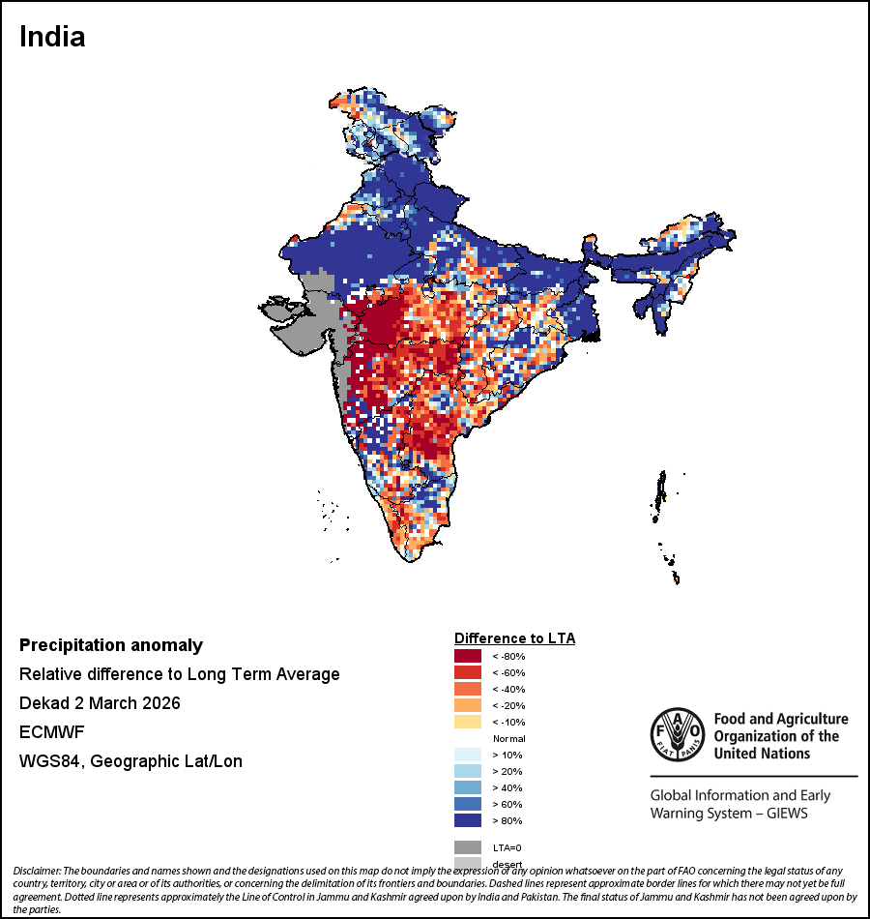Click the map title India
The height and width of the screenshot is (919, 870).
point(52,38)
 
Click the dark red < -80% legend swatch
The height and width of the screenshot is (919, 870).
point(468,656)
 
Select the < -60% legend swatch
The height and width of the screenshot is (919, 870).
point(468,672)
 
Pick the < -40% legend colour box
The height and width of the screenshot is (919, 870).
point(468,689)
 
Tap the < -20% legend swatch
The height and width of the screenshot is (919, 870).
point(468,705)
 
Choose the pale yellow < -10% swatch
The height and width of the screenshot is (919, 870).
point(468,722)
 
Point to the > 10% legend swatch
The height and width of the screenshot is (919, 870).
point(468,755)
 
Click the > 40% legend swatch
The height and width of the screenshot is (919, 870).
point(468,787)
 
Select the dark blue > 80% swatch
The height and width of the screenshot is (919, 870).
point(468,820)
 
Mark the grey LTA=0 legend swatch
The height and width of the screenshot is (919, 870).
point(468,846)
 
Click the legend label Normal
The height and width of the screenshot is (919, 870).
point(509,738)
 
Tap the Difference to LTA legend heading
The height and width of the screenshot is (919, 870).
point(514,638)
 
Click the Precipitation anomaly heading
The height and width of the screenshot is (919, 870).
point(111,645)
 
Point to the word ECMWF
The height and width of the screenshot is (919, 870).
point(51,732)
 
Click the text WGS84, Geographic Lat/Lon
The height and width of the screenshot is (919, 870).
point(130,761)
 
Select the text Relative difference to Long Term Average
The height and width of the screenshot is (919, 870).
point(180,674)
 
